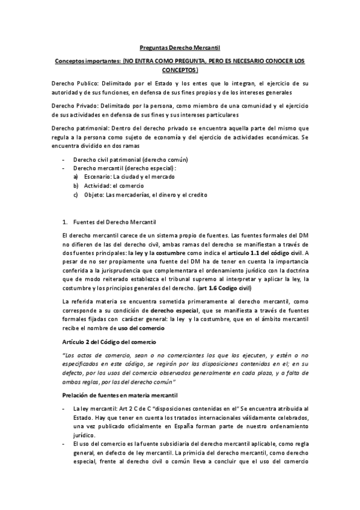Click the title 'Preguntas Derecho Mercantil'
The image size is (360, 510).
[180, 47]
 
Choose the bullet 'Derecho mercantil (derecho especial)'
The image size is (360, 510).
[124, 168]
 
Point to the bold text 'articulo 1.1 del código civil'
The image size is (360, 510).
[261, 253]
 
